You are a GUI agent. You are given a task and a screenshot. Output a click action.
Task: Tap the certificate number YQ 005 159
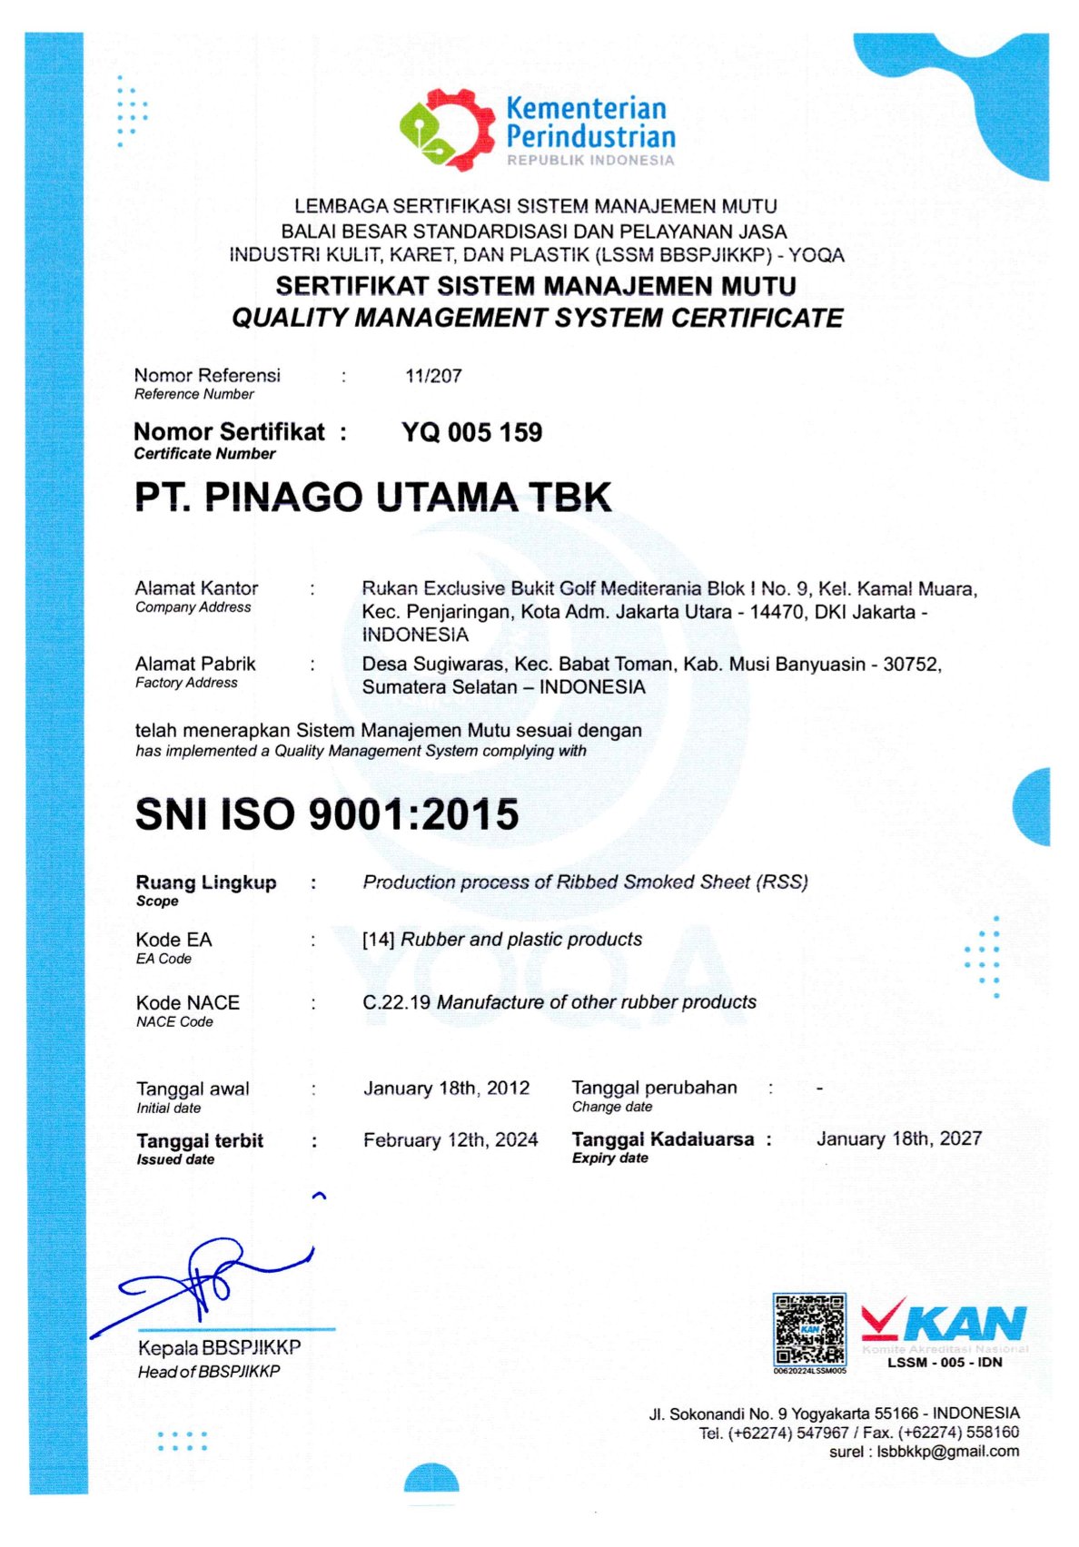coord(471,432)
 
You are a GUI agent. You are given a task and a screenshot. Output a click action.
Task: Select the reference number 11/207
coord(433,376)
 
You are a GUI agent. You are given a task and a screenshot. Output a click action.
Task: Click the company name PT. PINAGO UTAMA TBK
coord(373,497)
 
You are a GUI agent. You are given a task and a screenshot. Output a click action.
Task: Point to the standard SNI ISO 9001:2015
coord(327,814)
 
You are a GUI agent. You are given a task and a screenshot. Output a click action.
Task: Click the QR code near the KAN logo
coord(809,1329)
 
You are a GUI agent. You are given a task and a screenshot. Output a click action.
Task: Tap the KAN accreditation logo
coord(945,1324)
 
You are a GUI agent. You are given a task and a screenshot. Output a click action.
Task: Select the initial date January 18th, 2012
coord(446,1088)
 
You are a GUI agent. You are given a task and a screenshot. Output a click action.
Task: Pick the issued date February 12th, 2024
coord(450,1139)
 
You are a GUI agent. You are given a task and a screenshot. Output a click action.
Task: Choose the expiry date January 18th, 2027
coord(899,1138)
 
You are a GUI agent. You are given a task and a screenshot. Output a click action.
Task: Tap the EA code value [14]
coord(378,940)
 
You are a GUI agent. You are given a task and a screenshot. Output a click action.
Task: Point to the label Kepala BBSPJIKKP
coord(219,1347)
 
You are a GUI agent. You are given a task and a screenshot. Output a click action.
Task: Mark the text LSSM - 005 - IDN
coord(945,1362)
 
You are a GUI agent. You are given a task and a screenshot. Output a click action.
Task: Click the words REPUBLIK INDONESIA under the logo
coord(590,161)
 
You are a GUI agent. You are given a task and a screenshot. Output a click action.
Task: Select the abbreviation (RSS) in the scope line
coord(782,882)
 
